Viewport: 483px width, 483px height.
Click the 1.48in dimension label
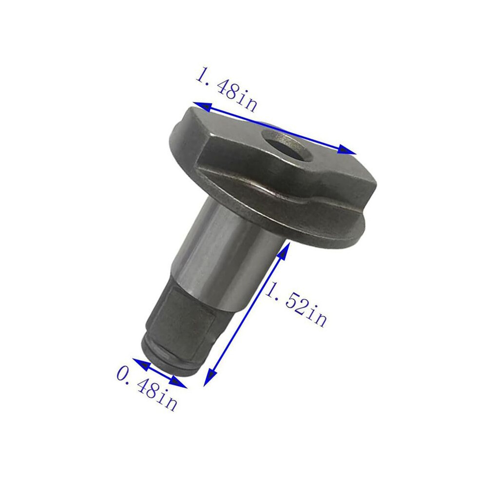pos(226,89)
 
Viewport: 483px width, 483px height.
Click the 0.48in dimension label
pos(147,389)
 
